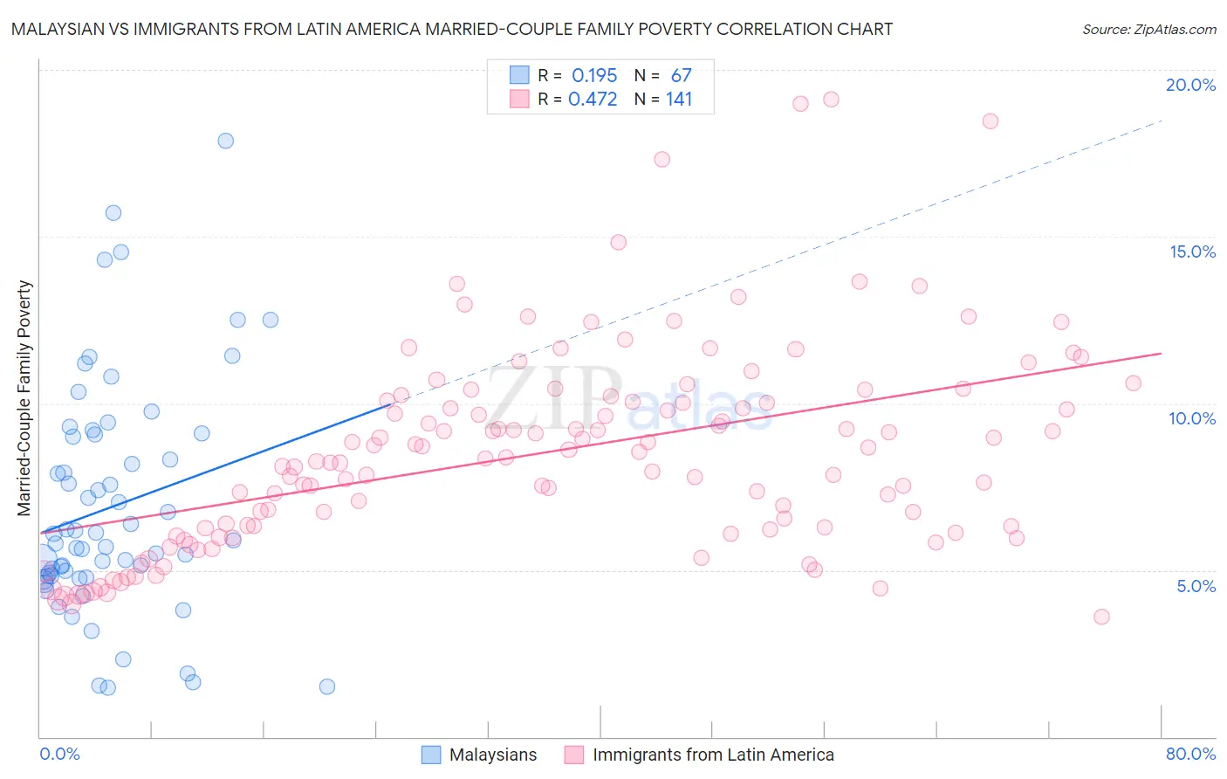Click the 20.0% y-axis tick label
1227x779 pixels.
coord(1190,85)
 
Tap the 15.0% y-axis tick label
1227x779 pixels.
coord(1192,252)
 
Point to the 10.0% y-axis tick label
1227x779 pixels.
coord(1192,418)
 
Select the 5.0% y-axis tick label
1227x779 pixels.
coord(1196,586)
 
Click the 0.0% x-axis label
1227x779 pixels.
coord(59,754)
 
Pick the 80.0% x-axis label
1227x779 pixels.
coord(1190,754)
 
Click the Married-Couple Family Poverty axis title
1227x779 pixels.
coord(24,398)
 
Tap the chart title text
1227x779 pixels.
coord(452,29)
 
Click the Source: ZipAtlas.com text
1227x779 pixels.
coord(1148,29)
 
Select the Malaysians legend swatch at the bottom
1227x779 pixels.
coord(431,755)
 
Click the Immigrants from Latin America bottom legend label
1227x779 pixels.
coord(713,755)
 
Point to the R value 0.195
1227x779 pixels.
coord(594,76)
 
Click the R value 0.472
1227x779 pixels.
coord(593,99)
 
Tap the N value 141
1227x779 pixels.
coord(679,99)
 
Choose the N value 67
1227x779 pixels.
coord(681,76)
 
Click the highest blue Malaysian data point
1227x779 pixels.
coord(225,141)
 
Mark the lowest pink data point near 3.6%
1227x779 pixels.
coord(1101,617)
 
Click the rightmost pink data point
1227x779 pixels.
coord(1133,383)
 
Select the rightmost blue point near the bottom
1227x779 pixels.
coord(327,686)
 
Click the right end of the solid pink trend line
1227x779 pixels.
coord(1162,353)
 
